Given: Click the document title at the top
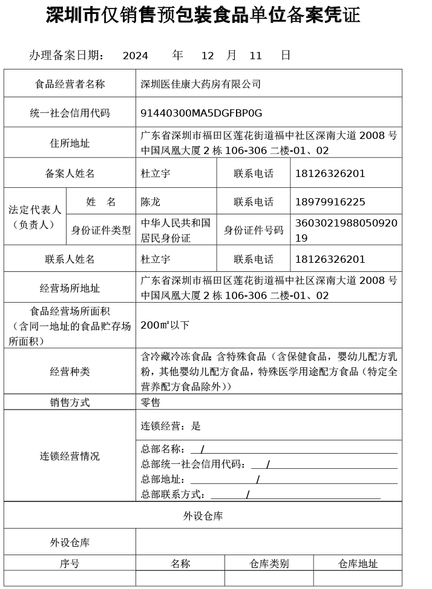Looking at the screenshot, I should coord(203,16).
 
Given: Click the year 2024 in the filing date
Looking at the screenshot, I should coord(135,56).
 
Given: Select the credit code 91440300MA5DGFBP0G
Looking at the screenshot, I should coord(201,113).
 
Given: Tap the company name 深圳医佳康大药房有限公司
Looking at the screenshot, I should coord(200,84).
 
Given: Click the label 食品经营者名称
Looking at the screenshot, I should coord(70,84).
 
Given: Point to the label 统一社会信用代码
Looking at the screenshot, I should coord(70,113).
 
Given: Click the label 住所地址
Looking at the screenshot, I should coord(70,143).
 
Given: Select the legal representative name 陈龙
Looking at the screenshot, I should coord(151,202).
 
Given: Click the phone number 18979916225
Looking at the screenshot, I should coord(330,202).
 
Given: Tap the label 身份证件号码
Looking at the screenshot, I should coord(254,230).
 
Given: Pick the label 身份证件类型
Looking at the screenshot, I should coord(100,230).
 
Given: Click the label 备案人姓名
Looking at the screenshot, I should coord(70,173).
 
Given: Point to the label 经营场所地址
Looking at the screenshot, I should coord(70,288).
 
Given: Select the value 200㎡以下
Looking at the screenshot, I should coord(165,325).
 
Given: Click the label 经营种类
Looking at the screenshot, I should coord(70,372).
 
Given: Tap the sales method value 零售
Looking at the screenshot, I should coord(151,402).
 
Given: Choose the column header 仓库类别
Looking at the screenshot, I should coord(269,564).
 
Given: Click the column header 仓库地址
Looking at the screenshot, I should coord(358,564).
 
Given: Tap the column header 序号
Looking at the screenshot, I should coord(70,564).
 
